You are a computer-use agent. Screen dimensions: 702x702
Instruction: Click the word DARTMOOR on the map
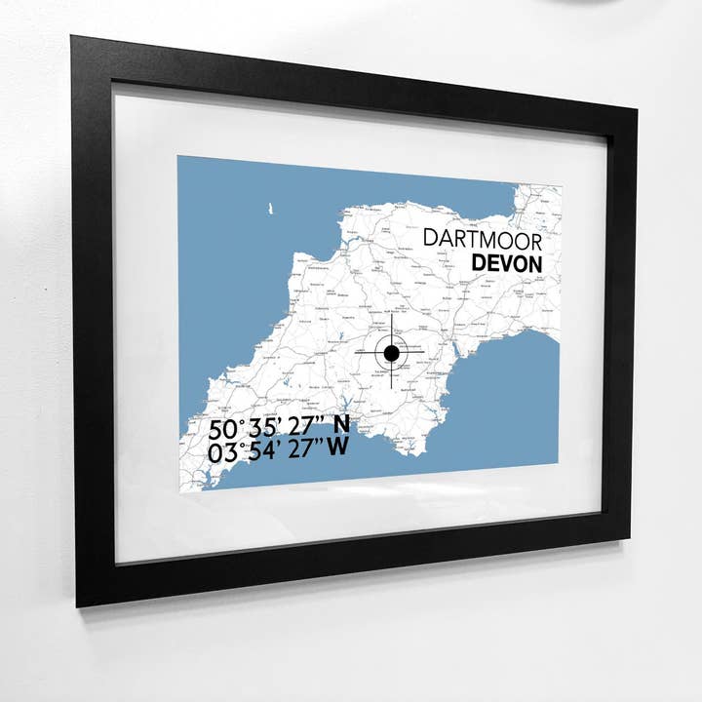[x=482, y=239]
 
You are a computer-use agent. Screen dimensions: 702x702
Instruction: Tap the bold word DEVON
[x=506, y=263]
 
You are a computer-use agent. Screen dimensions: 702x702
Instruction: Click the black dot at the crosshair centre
[x=391, y=353]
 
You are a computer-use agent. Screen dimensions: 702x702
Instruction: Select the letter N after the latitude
[x=340, y=425]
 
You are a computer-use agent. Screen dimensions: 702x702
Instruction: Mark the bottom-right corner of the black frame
[x=629, y=538]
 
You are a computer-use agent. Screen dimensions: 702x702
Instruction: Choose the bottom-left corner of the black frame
[x=79, y=604]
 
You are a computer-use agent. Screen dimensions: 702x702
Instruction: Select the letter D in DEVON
[x=480, y=263]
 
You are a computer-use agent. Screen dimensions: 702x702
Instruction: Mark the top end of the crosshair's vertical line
[x=391, y=317]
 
